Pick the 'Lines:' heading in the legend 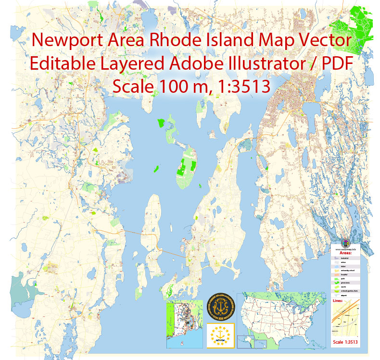[x=338, y=301]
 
